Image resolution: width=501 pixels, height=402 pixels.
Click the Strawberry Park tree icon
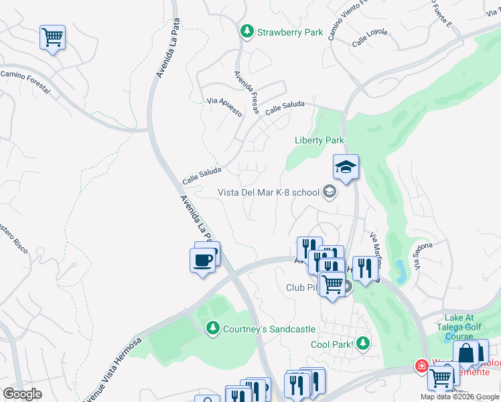pyautogui.click(x=247, y=31)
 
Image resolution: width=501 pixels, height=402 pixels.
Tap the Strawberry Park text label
pyautogui.click(x=290, y=32)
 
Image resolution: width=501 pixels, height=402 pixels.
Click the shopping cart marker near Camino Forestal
pyautogui.click(x=52, y=37)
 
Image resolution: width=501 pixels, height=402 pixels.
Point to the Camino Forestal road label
pyautogui.click(x=25, y=82)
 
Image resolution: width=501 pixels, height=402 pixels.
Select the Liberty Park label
pyautogui.click(x=319, y=140)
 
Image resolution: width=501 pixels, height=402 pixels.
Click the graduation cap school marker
pyautogui.click(x=346, y=167)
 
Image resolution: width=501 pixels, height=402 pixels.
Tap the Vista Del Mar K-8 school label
pyautogui.click(x=269, y=192)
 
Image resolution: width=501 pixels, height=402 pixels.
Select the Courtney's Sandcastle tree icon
pyautogui.click(x=212, y=328)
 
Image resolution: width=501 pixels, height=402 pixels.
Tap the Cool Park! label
pyautogui.click(x=331, y=344)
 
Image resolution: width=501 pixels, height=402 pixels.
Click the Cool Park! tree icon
pyautogui.click(x=363, y=344)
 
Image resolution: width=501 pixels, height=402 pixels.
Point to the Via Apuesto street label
pyautogui.click(x=224, y=107)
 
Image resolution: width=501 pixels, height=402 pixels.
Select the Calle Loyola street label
pyautogui.click(x=370, y=40)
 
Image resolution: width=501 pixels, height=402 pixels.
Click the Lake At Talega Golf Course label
pyautogui.click(x=469, y=324)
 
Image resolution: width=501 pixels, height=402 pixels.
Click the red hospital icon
pyautogui.click(x=421, y=366)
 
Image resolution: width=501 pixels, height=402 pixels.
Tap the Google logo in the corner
pyautogui.click(x=22, y=394)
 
